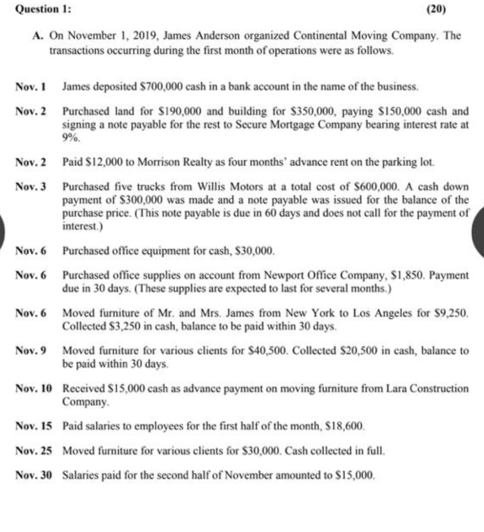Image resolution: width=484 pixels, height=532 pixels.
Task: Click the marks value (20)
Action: (x=437, y=9)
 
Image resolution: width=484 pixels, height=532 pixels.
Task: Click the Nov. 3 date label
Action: (x=31, y=187)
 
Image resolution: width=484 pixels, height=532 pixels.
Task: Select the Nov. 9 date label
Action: (x=31, y=350)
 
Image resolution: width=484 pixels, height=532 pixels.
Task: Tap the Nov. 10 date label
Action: (x=33, y=388)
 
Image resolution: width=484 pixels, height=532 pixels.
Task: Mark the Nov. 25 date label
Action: (x=33, y=451)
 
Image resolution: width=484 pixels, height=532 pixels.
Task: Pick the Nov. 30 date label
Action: (x=33, y=475)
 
